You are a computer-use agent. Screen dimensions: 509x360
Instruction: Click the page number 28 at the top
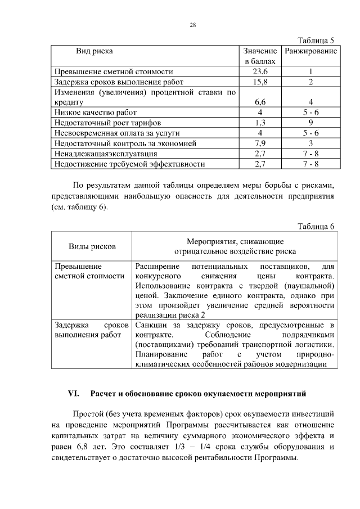coord(192,25)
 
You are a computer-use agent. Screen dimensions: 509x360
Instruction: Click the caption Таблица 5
coord(316,40)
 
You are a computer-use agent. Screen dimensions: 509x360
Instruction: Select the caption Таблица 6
coord(316,226)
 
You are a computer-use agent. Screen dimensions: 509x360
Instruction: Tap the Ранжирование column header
coord(311,51)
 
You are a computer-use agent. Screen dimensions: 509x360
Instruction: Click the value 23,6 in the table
coord(260,72)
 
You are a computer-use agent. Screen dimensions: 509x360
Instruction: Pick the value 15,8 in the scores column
coord(260,82)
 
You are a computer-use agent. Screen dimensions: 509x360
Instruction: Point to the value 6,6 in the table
coord(260,102)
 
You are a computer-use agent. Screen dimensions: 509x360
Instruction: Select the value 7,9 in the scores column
coord(260,143)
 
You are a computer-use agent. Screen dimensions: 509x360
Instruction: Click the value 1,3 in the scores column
coord(260,123)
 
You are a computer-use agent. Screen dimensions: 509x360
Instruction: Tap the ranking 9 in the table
coord(310,123)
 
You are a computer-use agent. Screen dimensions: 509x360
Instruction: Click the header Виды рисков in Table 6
coord(92,246)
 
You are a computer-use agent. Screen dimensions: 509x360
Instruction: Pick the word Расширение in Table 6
coord(157,266)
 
